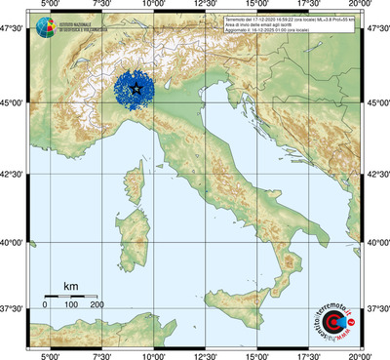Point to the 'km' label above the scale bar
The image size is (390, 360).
pos(70,286)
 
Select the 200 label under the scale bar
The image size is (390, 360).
pos(97,305)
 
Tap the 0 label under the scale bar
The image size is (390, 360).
pos(46,305)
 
